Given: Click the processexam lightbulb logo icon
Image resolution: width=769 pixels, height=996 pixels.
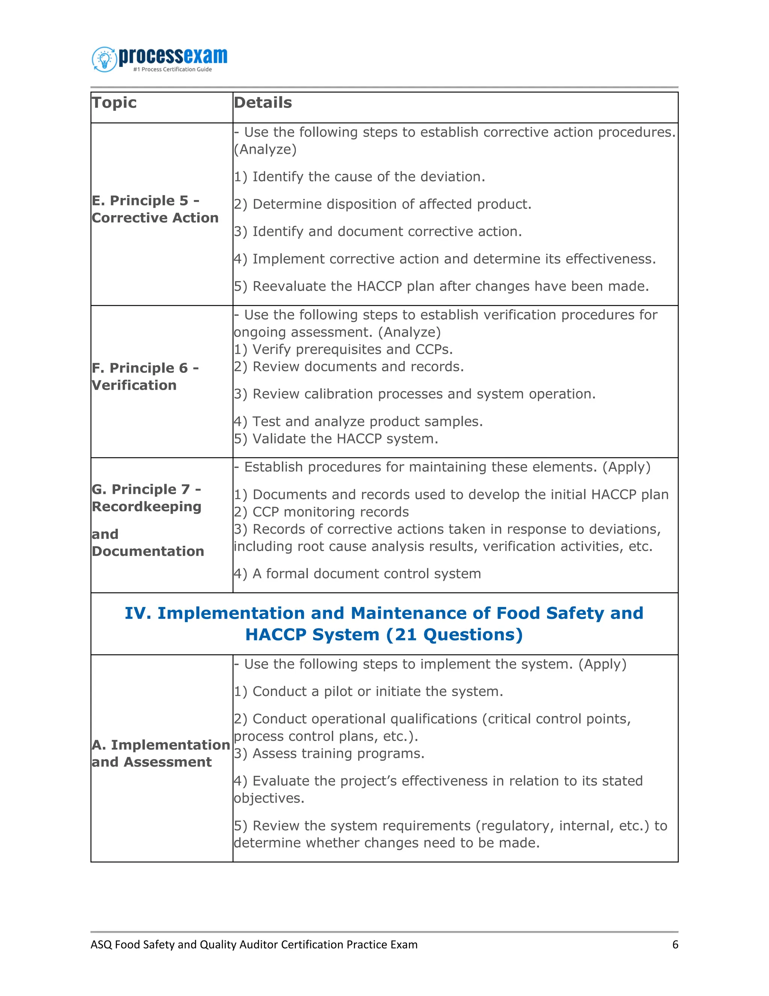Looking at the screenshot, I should tap(104, 59).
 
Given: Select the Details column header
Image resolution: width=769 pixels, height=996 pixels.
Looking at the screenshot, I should tap(262, 103).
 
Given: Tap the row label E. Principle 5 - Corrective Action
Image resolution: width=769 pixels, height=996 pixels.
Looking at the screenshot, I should tap(155, 209).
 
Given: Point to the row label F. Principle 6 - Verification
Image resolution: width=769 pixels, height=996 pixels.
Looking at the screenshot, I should tap(145, 376).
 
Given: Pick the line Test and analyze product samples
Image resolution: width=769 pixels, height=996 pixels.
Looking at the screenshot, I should tap(358, 421).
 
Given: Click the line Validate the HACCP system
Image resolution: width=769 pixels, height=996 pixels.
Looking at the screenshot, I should tap(336, 439).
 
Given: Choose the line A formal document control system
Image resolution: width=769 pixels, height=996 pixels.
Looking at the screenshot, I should tap(357, 574).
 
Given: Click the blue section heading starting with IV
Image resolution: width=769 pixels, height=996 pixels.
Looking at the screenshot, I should tap(384, 624).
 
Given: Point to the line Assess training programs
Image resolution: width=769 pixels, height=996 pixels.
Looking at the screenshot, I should tap(329, 753).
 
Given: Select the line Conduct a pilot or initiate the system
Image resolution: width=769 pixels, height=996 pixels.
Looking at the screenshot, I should tap(368, 691).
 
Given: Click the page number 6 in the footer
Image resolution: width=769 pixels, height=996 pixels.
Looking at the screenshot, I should tap(675, 945).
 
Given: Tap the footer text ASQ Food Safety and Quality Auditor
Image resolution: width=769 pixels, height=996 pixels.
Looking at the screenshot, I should tap(254, 945).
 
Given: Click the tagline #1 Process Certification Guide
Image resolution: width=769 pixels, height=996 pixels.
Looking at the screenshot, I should tap(172, 69).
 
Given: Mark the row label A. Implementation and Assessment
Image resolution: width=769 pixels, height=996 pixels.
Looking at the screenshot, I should tap(160, 753).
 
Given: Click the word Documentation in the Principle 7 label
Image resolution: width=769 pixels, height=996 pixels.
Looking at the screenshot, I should tap(148, 551).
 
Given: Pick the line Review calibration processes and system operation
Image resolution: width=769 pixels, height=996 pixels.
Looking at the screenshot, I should tap(415, 394).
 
